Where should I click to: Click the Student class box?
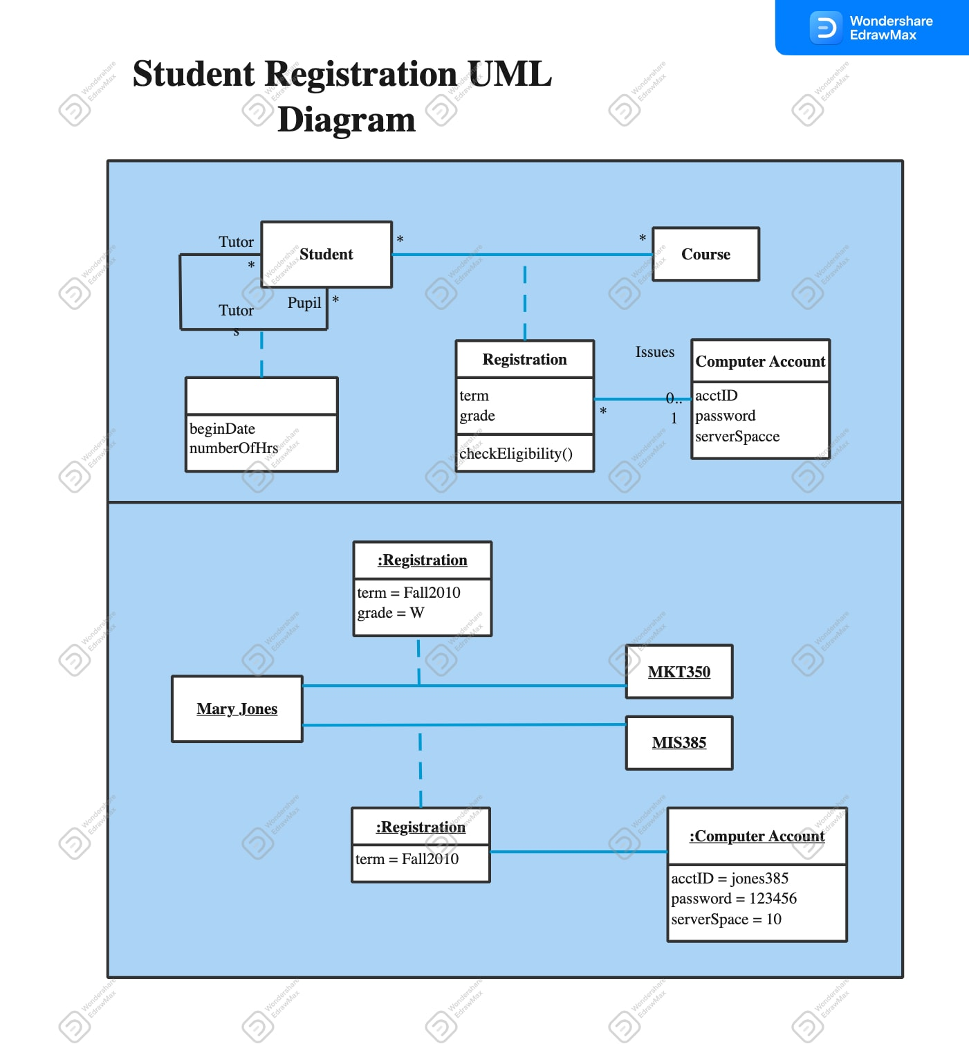click(326, 255)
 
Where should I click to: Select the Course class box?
click(705, 255)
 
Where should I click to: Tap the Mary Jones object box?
click(237, 709)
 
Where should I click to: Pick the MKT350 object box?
click(679, 672)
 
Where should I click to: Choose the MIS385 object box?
click(679, 742)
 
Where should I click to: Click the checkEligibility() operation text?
click(516, 454)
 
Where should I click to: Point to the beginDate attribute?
click(223, 429)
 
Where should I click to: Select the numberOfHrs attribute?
click(234, 448)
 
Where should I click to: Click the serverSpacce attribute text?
click(737, 437)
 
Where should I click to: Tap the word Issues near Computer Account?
click(654, 352)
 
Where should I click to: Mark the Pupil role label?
click(304, 303)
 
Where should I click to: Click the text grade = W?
click(391, 613)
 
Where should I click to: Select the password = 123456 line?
click(734, 899)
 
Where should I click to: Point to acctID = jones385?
click(730, 879)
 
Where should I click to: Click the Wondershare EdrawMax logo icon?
click(825, 28)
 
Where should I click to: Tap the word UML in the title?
click(510, 74)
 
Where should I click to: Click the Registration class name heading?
click(524, 360)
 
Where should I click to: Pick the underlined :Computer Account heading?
click(757, 836)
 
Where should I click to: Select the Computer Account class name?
click(760, 362)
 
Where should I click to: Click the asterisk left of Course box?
click(643, 239)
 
